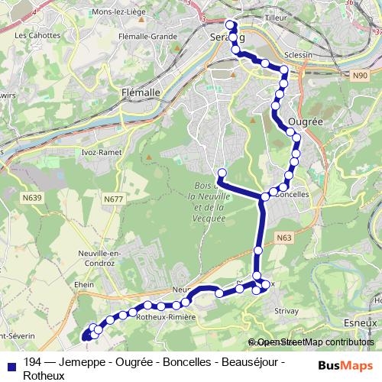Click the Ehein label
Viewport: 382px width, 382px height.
84,283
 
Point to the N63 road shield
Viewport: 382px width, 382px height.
284,238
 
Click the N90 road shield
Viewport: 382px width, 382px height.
362,76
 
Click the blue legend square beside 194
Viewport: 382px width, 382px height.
11,362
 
